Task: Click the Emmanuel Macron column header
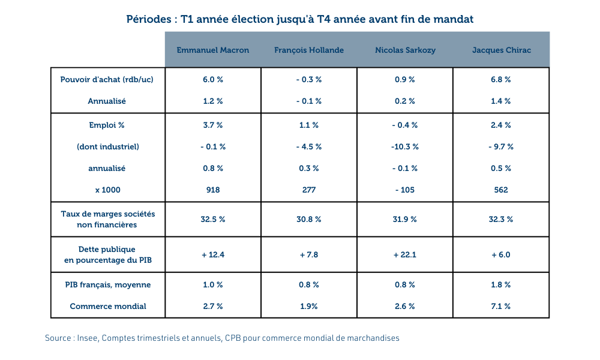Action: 213,50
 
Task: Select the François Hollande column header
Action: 309,50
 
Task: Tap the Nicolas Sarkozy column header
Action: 405,50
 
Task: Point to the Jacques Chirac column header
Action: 501,50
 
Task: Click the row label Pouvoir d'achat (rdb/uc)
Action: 107,80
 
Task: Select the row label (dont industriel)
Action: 107,147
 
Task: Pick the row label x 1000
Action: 107,190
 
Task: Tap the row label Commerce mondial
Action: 108,307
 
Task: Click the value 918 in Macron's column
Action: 213,190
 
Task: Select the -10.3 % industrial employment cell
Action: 405,147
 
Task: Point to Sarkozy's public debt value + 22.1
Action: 405,255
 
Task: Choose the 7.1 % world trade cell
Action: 501,307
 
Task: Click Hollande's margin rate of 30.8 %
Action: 309,220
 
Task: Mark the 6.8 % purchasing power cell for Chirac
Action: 501,80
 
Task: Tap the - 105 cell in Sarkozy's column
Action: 405,190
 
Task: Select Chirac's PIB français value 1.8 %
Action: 501,285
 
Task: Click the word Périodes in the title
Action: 149,19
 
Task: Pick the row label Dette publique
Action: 107,250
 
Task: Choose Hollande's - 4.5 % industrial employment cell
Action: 309,147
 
